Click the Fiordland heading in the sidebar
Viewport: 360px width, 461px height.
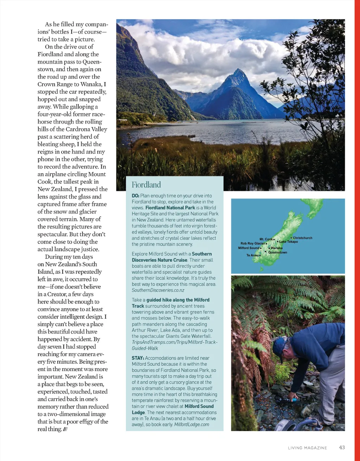pos(146,185)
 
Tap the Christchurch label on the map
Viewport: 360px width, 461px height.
pos(302,238)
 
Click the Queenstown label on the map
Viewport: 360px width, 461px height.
pos(277,252)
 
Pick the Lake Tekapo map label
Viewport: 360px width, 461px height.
pos(288,242)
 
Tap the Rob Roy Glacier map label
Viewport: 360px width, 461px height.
pos(252,243)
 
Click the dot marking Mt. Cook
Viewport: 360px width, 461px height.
pos(274,239)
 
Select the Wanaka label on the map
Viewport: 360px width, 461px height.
pos(276,248)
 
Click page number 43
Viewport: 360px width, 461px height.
pos(342,447)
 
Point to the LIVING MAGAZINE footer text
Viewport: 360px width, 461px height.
pos(307,448)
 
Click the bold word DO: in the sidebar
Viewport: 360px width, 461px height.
pos(135,196)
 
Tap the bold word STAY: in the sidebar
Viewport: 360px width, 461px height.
pos(138,358)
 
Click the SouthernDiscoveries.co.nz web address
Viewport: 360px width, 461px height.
pos(158,290)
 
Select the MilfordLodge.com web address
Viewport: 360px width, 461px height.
pos(192,424)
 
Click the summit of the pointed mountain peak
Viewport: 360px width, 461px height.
pos(239,70)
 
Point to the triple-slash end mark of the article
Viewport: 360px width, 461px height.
pos(65,429)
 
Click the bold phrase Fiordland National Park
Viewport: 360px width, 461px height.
pos(170,208)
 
